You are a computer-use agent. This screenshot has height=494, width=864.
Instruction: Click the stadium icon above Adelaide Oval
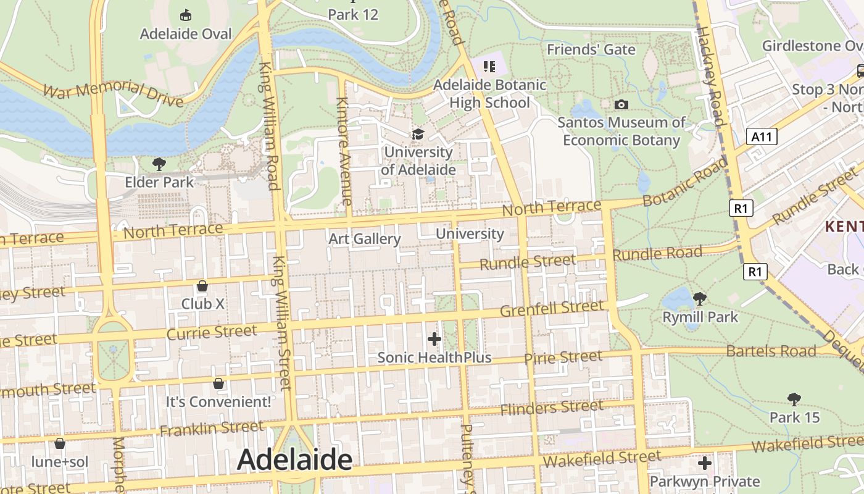click(x=185, y=15)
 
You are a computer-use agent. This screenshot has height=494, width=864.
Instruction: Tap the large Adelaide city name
click(x=294, y=459)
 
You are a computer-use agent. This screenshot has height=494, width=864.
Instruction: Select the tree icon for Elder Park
click(x=159, y=164)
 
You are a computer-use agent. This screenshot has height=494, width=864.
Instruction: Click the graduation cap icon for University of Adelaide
click(x=418, y=134)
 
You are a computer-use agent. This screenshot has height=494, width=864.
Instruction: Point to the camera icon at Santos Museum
click(x=621, y=104)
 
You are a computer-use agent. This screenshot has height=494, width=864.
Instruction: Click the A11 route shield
click(x=761, y=136)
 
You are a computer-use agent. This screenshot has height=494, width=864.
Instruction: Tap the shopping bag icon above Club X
click(x=202, y=286)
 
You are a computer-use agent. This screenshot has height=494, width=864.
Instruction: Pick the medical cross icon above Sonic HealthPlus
click(x=434, y=339)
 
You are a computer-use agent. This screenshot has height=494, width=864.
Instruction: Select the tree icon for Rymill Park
click(x=700, y=299)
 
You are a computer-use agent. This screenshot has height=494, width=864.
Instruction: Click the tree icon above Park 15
click(x=794, y=400)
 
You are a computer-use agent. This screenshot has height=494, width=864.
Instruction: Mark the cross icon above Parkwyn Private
click(x=705, y=463)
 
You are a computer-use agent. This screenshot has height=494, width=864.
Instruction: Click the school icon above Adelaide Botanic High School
click(x=489, y=66)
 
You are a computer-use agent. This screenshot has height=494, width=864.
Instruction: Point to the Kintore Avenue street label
click(x=344, y=151)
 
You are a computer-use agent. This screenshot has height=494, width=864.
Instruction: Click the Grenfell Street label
click(x=552, y=308)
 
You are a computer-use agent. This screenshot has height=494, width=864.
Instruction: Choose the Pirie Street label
click(x=563, y=358)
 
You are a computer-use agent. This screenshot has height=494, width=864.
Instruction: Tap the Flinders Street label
click(x=552, y=408)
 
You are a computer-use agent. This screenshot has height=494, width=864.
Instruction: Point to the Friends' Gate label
click(x=591, y=49)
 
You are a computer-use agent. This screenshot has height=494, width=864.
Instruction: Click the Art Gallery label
click(x=365, y=239)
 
